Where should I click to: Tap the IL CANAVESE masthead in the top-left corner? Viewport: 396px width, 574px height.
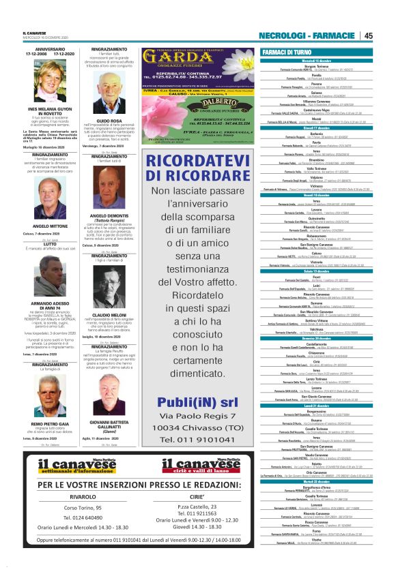click(35, 33)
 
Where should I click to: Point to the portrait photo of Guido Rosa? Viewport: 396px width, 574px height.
click(109, 96)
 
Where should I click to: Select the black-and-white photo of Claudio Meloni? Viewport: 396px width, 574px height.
click(109, 290)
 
